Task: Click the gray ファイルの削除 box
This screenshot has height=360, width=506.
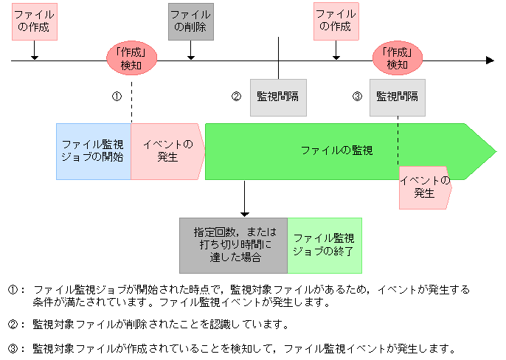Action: coord(191,21)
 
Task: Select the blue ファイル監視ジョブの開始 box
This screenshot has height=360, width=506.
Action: coord(94,151)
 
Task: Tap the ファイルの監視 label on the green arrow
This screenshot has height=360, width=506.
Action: coord(336,150)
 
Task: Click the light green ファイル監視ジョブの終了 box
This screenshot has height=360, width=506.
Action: coord(325,245)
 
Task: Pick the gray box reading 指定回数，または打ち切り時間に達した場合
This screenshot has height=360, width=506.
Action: coord(233,245)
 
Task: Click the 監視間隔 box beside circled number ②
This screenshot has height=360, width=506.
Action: coord(278,97)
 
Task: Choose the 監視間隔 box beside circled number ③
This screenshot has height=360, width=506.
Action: coord(398,97)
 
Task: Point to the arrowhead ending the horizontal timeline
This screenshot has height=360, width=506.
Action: coord(490,60)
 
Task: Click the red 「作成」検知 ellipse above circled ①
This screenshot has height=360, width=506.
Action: coord(131,59)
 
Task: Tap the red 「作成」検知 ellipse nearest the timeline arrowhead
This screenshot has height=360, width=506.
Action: coord(398,59)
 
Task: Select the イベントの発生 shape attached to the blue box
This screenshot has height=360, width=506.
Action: coord(167,151)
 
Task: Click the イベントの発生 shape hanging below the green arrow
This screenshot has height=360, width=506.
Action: coord(425,187)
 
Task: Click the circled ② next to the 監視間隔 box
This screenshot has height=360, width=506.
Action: coord(236,97)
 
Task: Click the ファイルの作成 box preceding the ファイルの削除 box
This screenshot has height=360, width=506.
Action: coord(35,21)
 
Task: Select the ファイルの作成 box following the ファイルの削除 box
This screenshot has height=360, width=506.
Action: coord(336,21)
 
